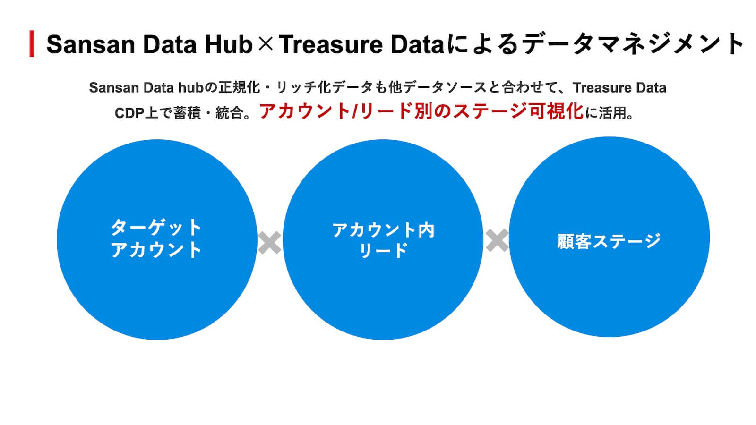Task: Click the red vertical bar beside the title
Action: [32, 43]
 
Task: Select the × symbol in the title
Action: [266, 44]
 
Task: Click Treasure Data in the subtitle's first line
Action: [619, 88]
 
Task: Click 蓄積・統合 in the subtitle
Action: [208, 113]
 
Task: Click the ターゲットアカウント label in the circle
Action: [156, 239]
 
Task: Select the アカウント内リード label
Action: [383, 240]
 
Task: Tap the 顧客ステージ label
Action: [609, 241]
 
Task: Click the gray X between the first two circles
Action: [270, 243]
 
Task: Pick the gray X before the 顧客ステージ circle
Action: [497, 240]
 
